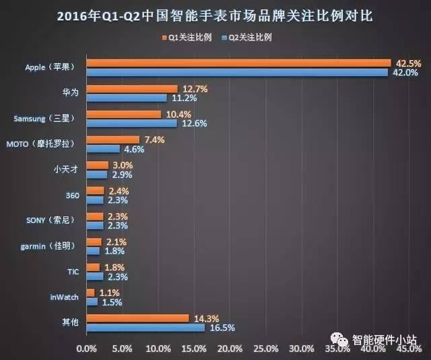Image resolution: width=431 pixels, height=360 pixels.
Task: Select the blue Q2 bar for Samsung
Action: pos(131,123)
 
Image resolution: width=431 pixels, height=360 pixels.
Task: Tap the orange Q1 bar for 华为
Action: pos(131,89)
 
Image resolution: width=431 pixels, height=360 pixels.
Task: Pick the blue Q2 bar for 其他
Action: pos(145,327)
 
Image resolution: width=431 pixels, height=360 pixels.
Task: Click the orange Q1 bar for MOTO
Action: pos(112,140)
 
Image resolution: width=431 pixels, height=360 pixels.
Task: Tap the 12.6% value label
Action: pos(192,123)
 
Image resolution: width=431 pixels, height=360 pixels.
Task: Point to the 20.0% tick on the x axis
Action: pos(230,349)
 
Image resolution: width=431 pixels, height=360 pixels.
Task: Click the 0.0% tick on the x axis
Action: pos(87,349)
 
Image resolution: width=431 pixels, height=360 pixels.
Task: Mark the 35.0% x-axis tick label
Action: pos(337,349)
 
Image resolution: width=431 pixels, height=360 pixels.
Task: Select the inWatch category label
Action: pos(65,297)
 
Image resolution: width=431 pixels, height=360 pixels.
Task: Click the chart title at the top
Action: pos(215,15)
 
